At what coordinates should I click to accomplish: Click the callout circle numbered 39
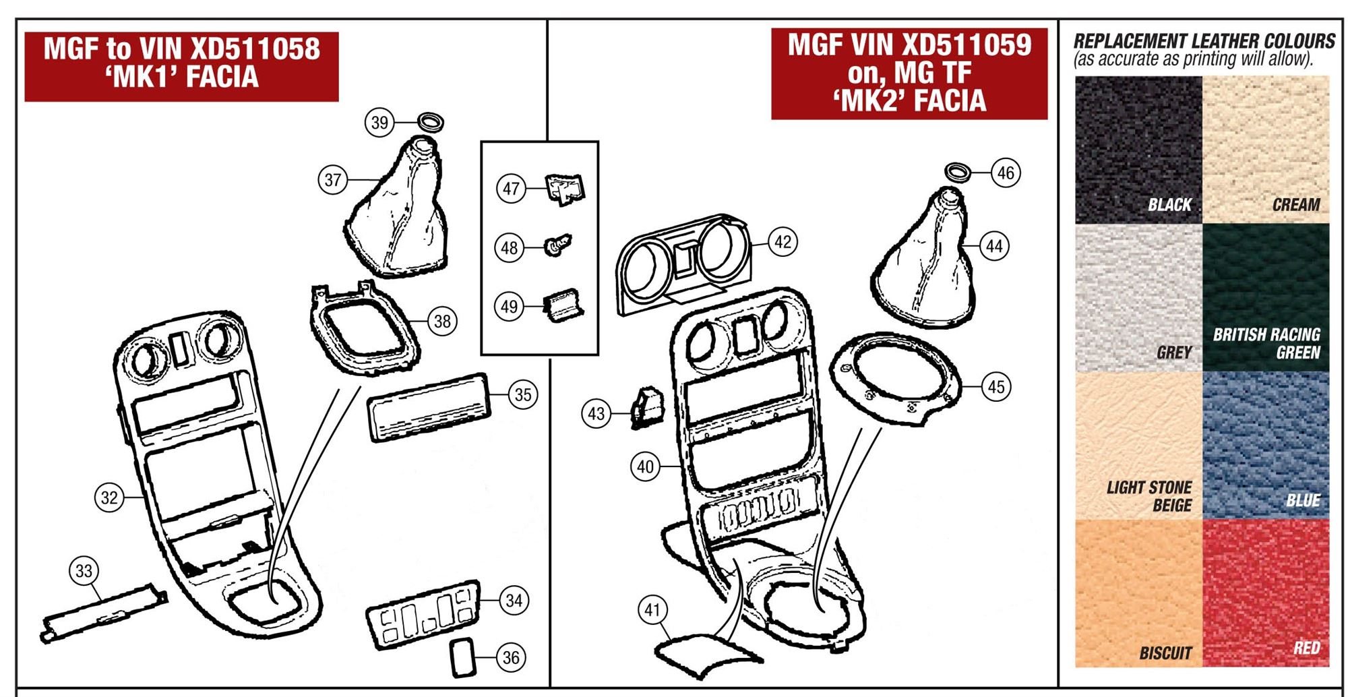pyautogui.click(x=380, y=123)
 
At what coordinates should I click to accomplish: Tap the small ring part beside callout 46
pyautogui.click(x=958, y=172)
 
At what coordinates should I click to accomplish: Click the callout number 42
pyautogui.click(x=783, y=242)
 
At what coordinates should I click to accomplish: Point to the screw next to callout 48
pyautogui.click(x=558, y=245)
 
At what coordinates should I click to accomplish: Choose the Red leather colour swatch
pyautogui.click(x=1266, y=593)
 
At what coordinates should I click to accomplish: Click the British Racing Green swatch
pyautogui.click(x=1266, y=297)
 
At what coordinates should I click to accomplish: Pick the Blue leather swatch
pyautogui.click(x=1266, y=445)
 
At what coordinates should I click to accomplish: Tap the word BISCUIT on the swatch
pyautogui.click(x=1165, y=653)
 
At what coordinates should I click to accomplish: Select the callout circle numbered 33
pyautogui.click(x=84, y=571)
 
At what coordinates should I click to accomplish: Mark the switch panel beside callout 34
pyautogui.click(x=423, y=615)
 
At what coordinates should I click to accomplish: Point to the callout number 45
pyautogui.click(x=995, y=387)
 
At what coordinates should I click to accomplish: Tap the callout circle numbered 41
pyautogui.click(x=652, y=610)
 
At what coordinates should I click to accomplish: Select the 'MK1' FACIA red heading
pyautogui.click(x=181, y=77)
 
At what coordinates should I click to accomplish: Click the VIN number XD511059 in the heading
pyautogui.click(x=967, y=45)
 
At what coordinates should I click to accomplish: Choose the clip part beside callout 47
pyautogui.click(x=564, y=189)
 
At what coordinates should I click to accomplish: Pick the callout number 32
pyautogui.click(x=109, y=498)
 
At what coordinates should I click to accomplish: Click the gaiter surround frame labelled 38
pyautogui.click(x=364, y=330)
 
